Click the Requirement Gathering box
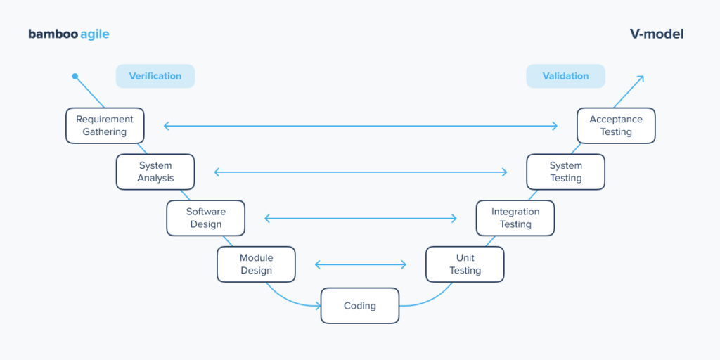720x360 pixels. tap(105, 126)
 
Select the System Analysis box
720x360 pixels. tap(155, 172)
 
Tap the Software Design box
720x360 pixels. tap(205, 218)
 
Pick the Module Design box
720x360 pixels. tap(256, 264)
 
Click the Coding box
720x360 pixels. tap(360, 306)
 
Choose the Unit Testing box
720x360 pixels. tap(465, 264)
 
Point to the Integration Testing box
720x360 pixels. tap(515, 218)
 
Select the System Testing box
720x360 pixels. tap(565, 172)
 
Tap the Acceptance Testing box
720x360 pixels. tap(616, 126)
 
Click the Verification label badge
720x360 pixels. tap(155, 76)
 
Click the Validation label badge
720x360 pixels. tap(565, 76)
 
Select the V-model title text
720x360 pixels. tap(657, 34)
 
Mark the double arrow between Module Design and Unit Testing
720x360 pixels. tap(361, 264)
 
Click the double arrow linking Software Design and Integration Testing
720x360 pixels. tap(361, 218)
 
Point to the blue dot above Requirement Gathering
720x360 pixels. tap(75, 77)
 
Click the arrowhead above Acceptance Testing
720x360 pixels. tap(641, 78)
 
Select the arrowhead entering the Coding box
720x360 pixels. tap(318, 306)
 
